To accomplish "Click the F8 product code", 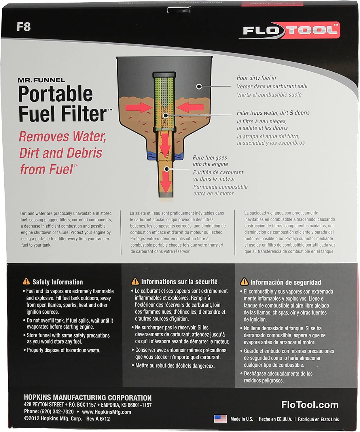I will [24, 27].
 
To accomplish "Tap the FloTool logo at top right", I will [289, 30].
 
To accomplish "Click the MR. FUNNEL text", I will [41, 80].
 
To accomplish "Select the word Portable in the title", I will [55, 94].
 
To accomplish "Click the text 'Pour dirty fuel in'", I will [256, 78].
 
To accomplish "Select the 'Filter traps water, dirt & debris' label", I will [273, 113].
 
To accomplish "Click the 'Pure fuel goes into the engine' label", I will [210, 161].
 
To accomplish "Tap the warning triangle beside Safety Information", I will [26, 281].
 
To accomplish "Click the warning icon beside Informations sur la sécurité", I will [135, 281].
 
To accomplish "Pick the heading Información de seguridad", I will [285, 282].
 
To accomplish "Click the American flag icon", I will [220, 418].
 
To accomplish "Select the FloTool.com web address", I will [310, 405].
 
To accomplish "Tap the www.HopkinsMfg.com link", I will [106, 412].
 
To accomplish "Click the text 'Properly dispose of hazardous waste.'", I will [63, 350].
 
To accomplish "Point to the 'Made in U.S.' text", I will [241, 419].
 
